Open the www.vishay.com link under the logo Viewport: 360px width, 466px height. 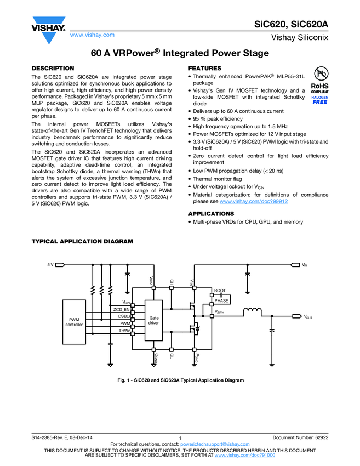(x=92, y=35)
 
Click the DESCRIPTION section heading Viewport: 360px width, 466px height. (x=53, y=69)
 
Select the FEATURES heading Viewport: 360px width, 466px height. (x=204, y=69)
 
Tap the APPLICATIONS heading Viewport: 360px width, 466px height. (x=211, y=213)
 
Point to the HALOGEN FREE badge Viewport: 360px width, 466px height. (x=319, y=99)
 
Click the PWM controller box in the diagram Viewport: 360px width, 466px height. (x=74, y=322)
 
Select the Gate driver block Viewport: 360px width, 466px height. (x=153, y=320)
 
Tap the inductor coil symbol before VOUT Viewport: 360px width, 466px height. (x=252, y=312)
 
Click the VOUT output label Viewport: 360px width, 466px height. (x=308, y=317)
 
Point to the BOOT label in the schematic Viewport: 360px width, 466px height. (x=220, y=291)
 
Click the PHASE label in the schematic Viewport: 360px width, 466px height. (x=221, y=300)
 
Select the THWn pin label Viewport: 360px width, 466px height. (x=124, y=331)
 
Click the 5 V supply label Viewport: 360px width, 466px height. (x=50, y=265)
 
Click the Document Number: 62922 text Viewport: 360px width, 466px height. (x=300, y=437)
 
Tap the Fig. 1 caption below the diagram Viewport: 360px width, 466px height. (x=180, y=380)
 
